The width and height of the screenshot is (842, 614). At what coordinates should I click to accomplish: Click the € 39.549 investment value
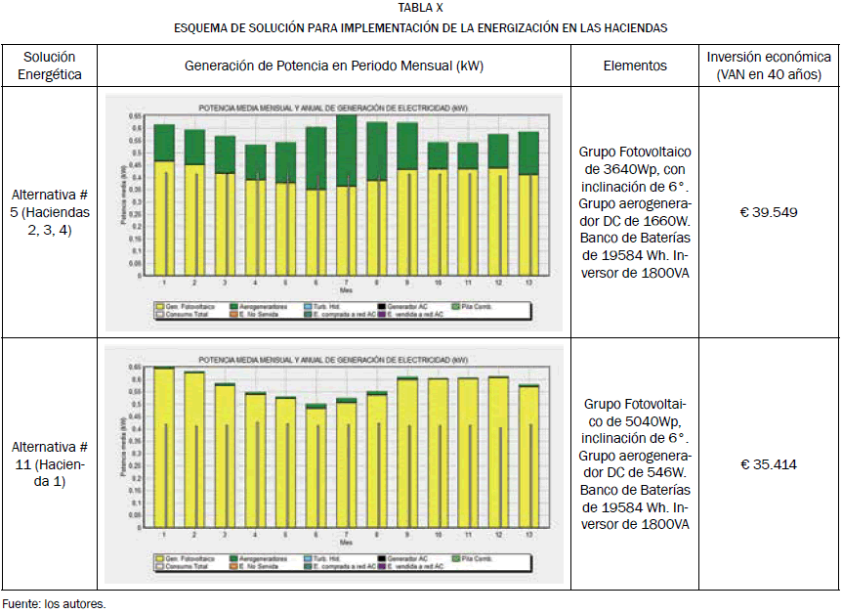click(769, 212)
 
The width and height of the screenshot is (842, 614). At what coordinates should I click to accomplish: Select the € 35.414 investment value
click(769, 464)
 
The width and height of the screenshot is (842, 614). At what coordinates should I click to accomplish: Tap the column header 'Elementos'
click(635, 66)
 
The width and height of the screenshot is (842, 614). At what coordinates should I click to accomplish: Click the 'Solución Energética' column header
click(50, 66)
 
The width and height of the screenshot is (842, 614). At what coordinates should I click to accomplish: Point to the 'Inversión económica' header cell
click(769, 66)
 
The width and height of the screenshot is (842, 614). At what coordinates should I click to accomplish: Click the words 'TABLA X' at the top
click(420, 8)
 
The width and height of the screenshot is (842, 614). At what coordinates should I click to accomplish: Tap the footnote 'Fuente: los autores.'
click(54, 603)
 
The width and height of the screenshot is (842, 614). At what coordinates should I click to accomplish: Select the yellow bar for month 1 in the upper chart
click(164, 215)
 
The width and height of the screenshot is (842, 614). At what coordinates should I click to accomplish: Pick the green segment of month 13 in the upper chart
click(528, 153)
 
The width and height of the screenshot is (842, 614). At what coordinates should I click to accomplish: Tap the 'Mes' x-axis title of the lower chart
click(346, 543)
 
